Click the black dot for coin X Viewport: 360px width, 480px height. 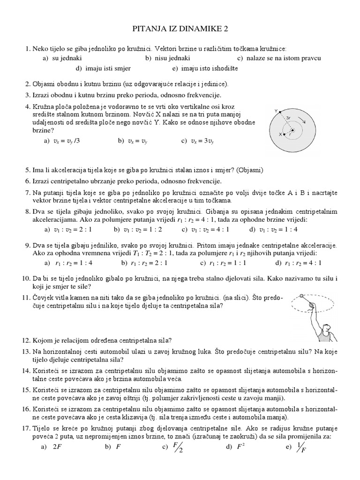286,134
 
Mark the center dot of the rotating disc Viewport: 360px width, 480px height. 293,130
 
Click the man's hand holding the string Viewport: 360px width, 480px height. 310,305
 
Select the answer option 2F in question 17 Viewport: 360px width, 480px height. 57,447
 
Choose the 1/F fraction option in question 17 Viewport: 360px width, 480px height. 302,447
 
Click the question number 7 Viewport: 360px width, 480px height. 28,193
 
